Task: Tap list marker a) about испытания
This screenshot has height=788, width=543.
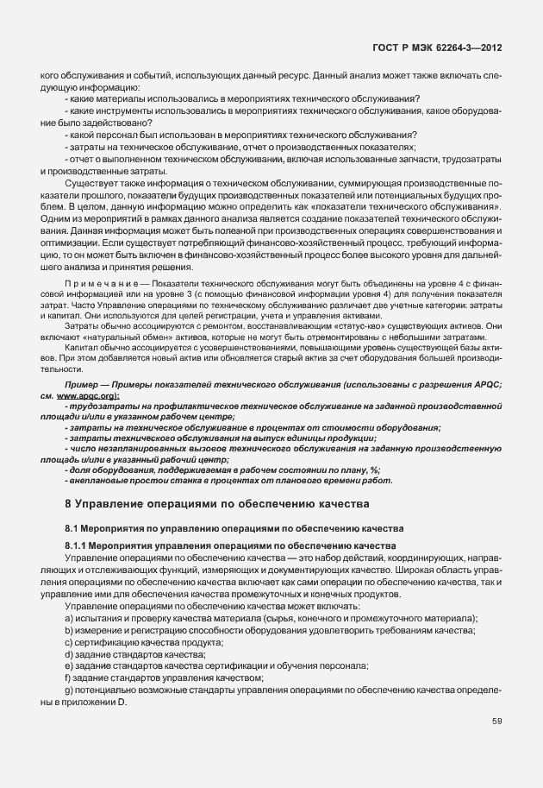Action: pos(68,621)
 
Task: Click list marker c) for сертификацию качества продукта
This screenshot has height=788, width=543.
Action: pos(68,644)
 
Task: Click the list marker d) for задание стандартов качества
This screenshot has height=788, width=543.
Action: pos(68,655)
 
